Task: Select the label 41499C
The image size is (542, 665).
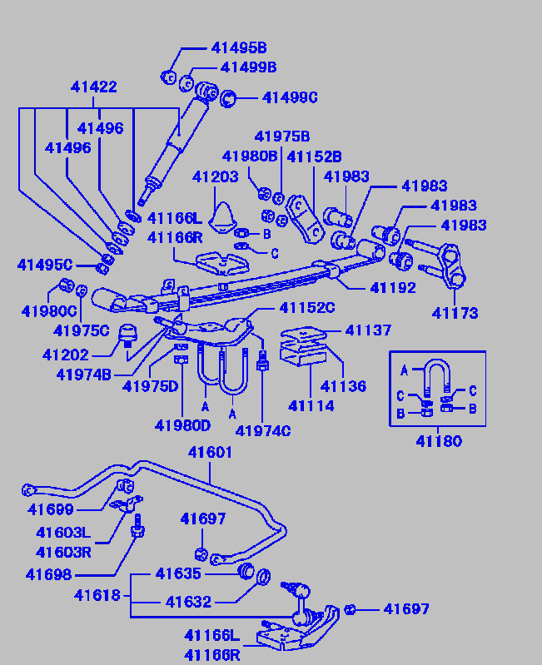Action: click(290, 97)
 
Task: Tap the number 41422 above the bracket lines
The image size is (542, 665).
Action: click(93, 87)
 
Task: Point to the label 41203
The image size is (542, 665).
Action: click(215, 176)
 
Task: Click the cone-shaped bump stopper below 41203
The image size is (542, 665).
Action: click(221, 218)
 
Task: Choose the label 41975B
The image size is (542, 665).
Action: click(281, 136)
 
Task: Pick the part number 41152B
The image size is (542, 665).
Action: click(314, 156)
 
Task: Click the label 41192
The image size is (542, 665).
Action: click(393, 287)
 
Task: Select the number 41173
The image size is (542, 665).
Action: click(455, 313)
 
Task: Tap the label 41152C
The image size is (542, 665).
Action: click(306, 308)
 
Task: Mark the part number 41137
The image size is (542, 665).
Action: click(367, 330)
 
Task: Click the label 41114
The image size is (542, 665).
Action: click(311, 406)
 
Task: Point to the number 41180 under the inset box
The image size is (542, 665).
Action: click(438, 441)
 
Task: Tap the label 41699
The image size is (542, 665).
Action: click(51, 509)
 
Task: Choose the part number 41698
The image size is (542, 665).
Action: click(48, 574)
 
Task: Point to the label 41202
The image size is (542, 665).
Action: click(66, 355)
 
